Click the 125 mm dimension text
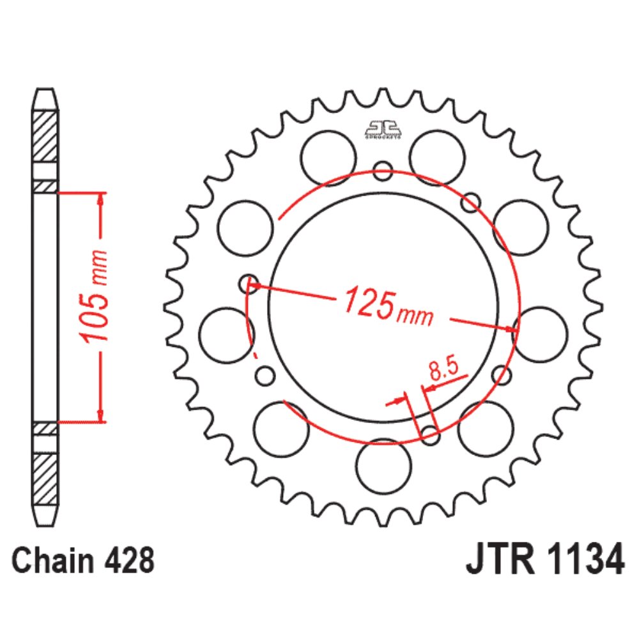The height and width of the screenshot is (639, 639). (387, 305)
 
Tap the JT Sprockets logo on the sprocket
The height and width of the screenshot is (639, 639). (383, 128)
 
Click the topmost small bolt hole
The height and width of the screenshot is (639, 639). (383, 171)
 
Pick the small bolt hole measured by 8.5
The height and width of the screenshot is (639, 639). (430, 436)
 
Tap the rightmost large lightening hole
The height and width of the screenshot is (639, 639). (541, 334)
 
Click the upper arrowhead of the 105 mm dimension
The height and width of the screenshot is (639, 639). (100, 197)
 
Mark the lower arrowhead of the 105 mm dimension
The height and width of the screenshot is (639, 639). (100, 416)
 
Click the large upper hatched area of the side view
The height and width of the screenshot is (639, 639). (45, 136)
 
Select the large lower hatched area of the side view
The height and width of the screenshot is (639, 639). (45, 479)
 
